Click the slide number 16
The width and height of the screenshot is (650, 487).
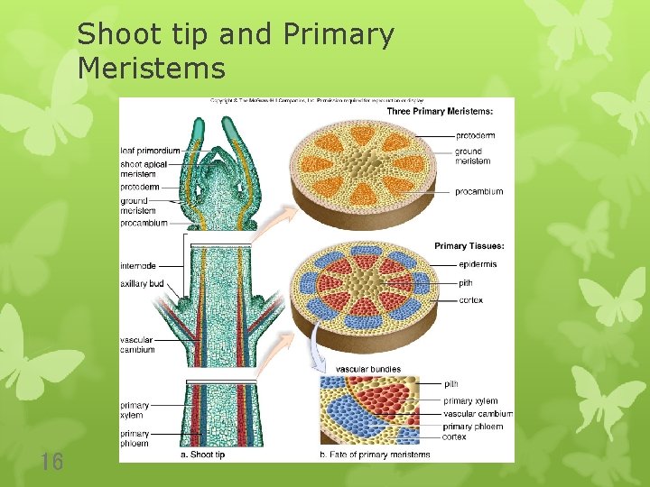52,463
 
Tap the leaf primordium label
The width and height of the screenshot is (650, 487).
150,150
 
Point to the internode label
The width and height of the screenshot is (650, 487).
138,266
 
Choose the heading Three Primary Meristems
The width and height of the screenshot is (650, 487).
440,111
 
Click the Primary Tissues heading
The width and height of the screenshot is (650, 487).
469,245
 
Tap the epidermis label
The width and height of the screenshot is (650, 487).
477,264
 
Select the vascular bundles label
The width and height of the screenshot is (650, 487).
368,369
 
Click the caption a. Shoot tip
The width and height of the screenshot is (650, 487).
202,455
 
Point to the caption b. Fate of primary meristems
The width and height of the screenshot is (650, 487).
375,455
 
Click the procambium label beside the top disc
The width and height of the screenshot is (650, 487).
478,192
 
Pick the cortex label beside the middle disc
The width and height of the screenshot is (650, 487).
470,300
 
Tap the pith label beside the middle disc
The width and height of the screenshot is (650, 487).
466,282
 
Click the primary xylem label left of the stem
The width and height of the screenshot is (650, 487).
135,410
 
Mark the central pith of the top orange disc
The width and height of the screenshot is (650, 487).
363,162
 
